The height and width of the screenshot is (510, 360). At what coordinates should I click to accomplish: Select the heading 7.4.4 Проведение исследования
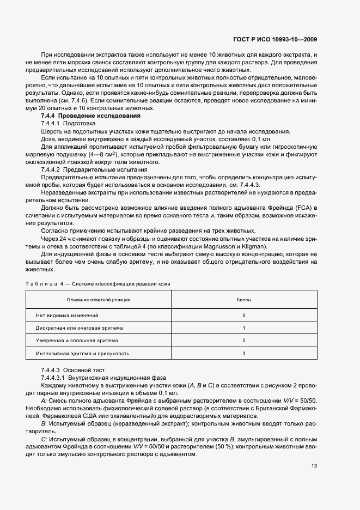click(91, 116)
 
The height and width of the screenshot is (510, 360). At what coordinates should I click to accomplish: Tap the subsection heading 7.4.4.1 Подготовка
click(68, 124)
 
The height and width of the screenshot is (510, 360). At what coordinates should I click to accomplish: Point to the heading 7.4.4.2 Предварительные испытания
click(87, 170)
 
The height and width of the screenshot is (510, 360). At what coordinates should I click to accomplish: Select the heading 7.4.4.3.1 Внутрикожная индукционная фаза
click(95, 377)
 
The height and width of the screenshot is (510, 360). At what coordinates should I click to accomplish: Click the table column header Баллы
click(243, 300)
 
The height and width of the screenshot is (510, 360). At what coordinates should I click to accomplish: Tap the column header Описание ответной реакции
click(99, 300)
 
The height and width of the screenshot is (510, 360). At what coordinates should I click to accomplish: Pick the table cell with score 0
click(243, 315)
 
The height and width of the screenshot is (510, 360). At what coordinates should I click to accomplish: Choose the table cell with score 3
click(243, 353)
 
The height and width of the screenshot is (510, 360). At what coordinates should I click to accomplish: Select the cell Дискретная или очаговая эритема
click(80, 328)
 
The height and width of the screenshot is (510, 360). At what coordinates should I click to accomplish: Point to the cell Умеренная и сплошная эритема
click(76, 341)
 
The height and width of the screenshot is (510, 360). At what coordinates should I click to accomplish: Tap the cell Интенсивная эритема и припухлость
click(82, 353)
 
